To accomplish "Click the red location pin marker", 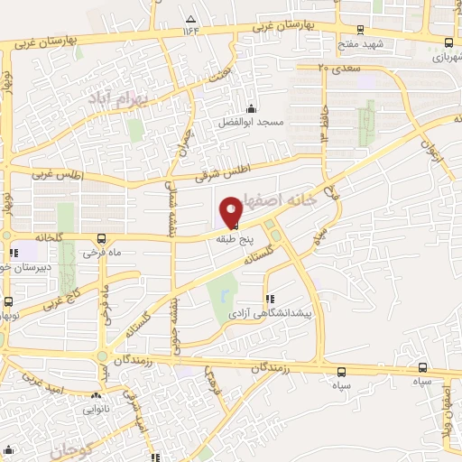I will pyautogui.click(x=232, y=211).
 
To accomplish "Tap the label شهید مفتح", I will pyautogui.click(x=361, y=43).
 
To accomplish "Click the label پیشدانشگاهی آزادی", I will pyautogui.click(x=267, y=312).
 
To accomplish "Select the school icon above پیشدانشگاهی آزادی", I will pyautogui.click(x=267, y=299).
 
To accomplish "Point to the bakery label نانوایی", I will pyautogui.click(x=97, y=409).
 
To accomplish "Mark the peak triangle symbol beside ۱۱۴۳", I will pyautogui.click(x=190, y=18).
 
